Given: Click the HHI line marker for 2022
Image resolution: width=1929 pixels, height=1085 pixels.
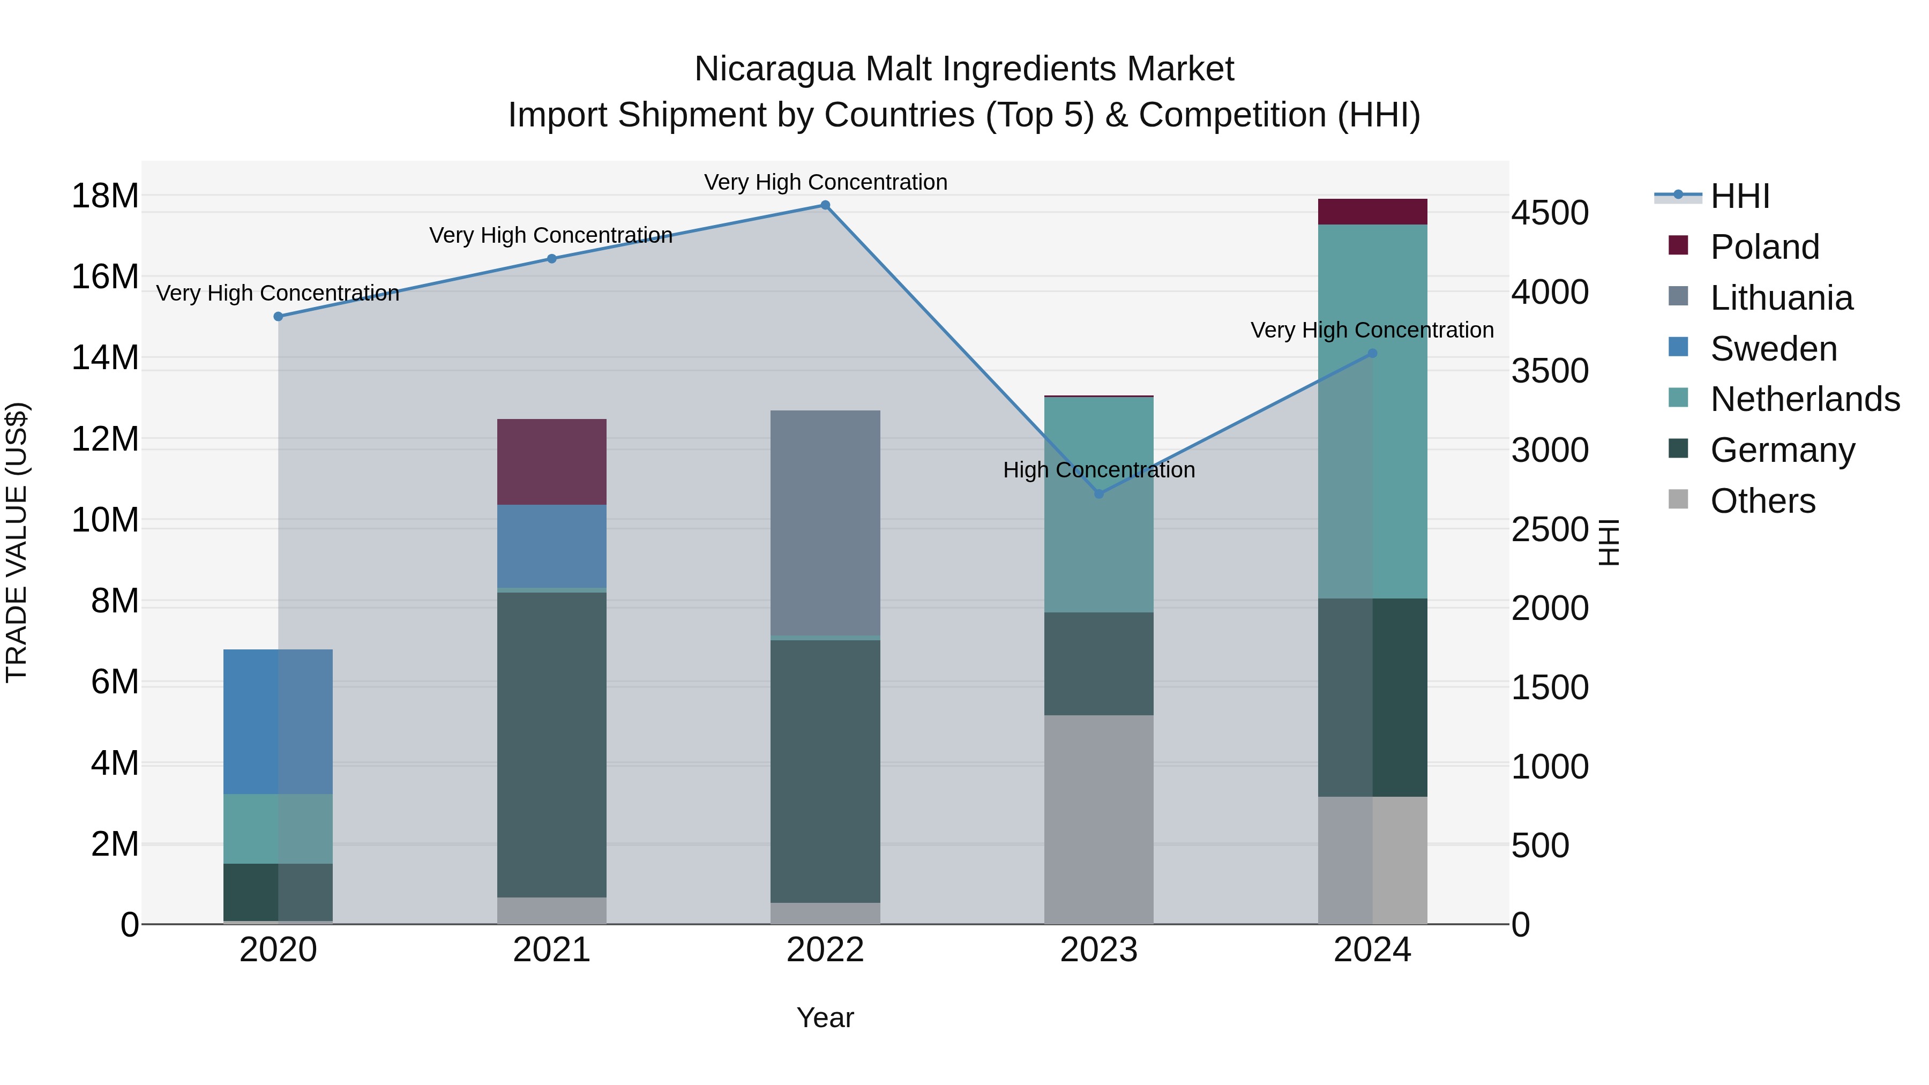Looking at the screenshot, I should point(825,205).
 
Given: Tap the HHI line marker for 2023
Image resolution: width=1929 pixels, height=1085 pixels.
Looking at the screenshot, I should point(1098,493).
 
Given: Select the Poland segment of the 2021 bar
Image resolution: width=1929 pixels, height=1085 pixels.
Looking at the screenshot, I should point(552,461).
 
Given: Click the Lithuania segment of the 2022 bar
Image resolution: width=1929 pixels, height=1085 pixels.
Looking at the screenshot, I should point(825,522).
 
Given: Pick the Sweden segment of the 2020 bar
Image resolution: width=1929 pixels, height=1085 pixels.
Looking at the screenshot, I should point(278,721).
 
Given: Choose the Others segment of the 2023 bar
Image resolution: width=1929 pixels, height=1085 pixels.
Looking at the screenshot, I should point(1098,819).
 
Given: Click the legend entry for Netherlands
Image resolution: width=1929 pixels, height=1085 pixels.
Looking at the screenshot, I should point(1805,399).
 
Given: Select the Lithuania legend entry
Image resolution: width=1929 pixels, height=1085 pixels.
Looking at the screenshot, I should point(1781,298).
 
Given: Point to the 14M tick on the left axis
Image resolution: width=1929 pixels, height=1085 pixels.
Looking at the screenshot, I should point(105,358).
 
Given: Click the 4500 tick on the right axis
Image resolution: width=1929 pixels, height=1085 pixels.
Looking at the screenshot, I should point(1549,213).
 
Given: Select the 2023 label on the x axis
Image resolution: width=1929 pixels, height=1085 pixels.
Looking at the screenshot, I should point(1098,950).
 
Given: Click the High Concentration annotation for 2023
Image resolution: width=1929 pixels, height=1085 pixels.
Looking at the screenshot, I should point(1098,470).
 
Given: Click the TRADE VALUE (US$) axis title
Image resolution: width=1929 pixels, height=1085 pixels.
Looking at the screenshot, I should point(17,542).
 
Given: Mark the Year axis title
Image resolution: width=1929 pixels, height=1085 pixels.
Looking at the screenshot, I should point(825,1017).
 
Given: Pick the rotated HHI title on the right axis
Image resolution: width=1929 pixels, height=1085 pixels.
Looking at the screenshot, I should point(1608,542).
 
